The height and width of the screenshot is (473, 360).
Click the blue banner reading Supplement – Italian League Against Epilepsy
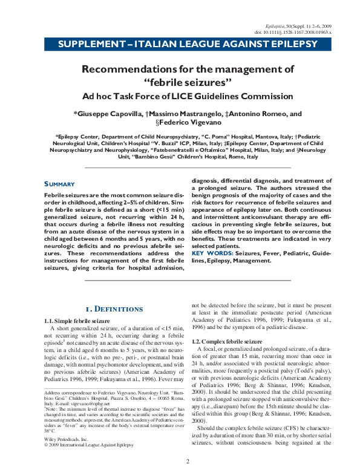point(179,45)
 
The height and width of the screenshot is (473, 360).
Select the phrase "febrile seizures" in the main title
point(180,82)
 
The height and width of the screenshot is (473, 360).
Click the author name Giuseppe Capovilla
point(108,113)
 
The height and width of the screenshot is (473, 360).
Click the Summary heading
point(59,184)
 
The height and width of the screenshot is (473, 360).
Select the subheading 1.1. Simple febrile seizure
point(77,320)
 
